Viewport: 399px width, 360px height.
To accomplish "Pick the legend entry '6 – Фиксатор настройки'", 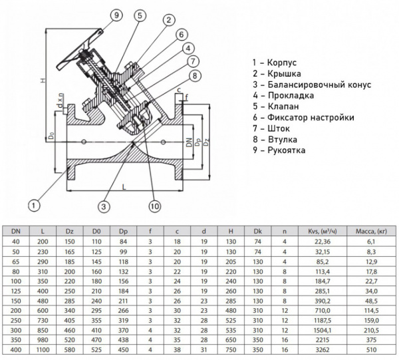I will [303, 118].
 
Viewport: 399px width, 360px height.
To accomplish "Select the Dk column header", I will [257, 231].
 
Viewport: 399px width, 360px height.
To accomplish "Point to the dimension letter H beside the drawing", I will [42, 81].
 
